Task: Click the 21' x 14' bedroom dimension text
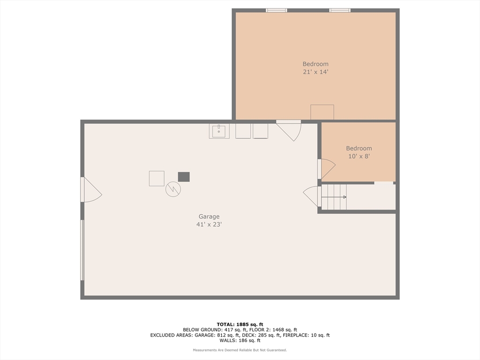click(x=315, y=72)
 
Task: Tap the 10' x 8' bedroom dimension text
click(x=359, y=157)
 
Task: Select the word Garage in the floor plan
click(x=209, y=217)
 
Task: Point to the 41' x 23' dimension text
click(x=209, y=225)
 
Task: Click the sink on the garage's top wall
click(x=219, y=131)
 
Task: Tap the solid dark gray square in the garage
click(x=184, y=177)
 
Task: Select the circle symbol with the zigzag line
click(x=173, y=189)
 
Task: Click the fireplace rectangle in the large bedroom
click(x=322, y=112)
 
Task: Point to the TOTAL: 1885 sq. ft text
click(x=240, y=324)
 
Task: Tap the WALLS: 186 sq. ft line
click(x=240, y=341)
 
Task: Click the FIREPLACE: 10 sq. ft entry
click(x=312, y=335)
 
